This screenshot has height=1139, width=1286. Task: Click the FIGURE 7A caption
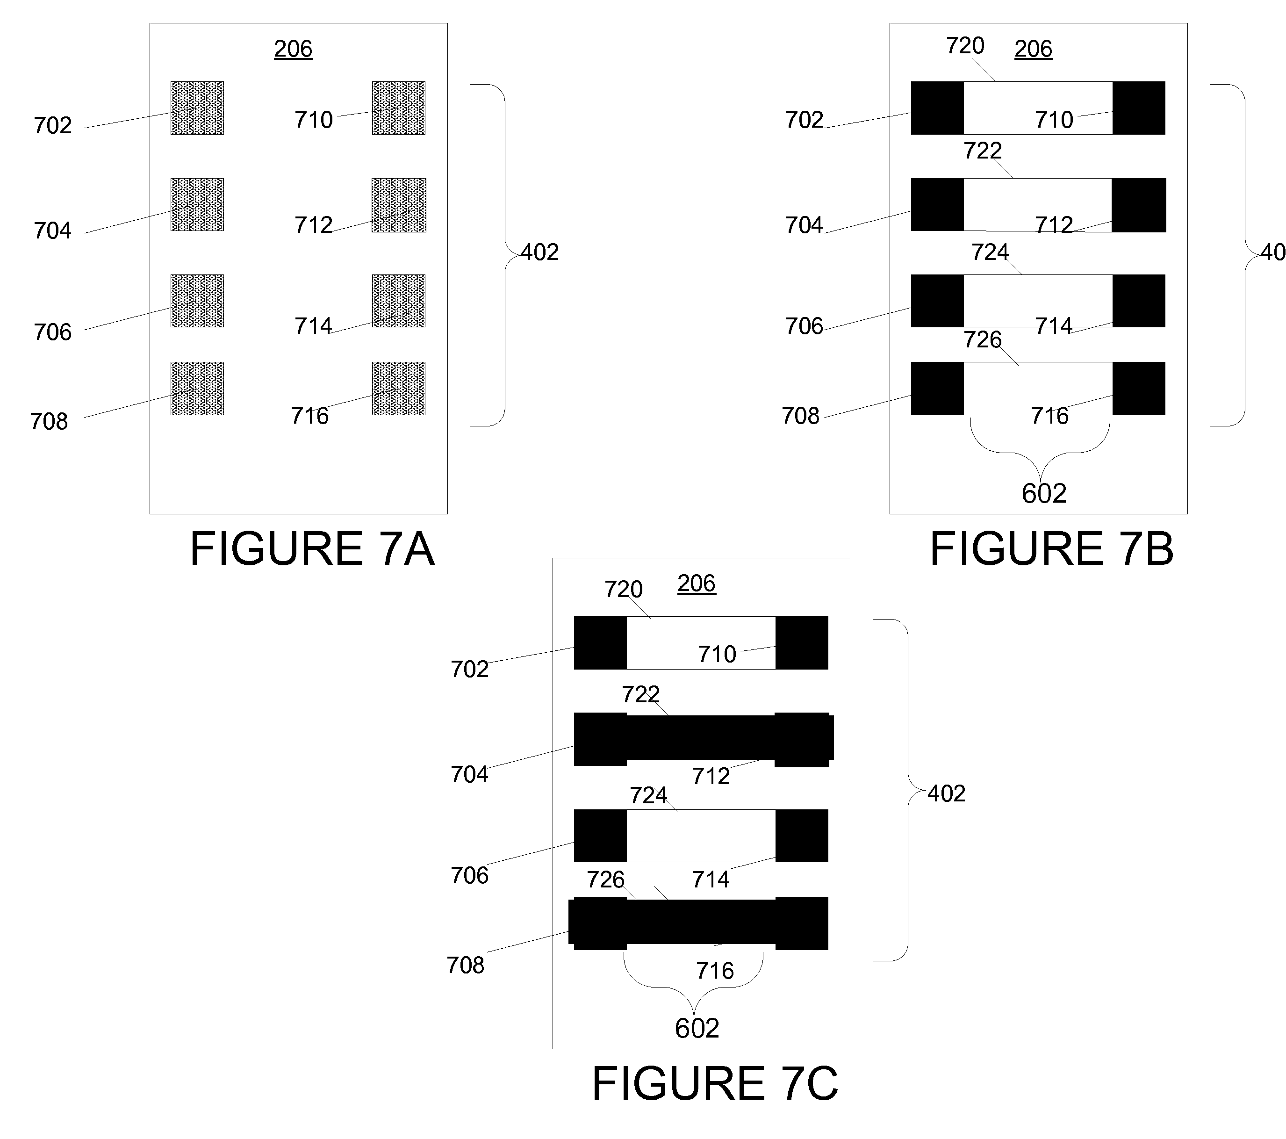[312, 549]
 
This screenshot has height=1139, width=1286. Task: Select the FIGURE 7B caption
[1052, 549]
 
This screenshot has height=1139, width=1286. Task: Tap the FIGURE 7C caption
[715, 1084]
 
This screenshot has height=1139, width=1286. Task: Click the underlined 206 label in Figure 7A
[293, 49]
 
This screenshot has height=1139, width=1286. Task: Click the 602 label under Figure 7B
[1044, 493]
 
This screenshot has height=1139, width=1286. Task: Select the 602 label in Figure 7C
[697, 1028]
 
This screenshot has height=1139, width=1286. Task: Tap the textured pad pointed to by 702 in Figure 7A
[197, 108]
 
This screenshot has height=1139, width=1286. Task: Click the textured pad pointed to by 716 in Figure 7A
[399, 388]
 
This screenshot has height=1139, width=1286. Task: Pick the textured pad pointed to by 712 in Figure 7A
[399, 205]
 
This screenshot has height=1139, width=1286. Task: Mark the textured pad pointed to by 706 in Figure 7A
[197, 301]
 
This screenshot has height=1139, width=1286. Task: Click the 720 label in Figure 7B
[965, 45]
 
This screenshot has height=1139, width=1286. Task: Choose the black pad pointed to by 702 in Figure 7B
[937, 108]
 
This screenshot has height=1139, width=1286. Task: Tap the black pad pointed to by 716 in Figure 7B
[1139, 388]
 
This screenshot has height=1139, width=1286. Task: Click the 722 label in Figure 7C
[640, 694]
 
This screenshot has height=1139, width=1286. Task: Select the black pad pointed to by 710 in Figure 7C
[802, 642]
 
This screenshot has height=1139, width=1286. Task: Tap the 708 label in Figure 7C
[466, 965]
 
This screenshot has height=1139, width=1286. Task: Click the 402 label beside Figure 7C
[946, 793]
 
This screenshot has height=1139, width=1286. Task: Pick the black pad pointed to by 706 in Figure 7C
[600, 836]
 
